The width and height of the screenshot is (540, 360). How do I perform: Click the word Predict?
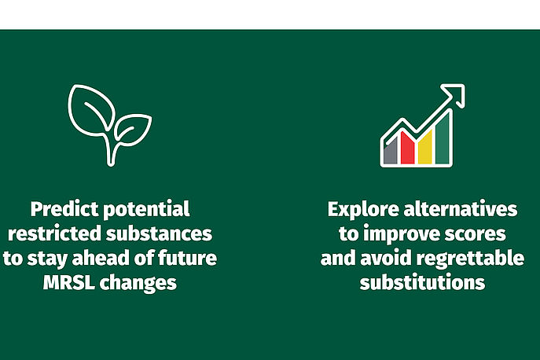[x=64, y=209]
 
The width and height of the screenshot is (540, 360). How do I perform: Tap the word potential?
[x=146, y=209]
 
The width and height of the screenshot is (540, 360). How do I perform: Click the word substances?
[x=159, y=233]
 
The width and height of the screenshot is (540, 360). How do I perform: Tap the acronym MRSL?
[x=69, y=282]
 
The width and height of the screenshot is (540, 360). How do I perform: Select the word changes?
[x=138, y=283]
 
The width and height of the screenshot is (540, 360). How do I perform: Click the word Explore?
[x=363, y=209]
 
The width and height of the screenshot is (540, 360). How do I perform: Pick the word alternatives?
[x=461, y=209]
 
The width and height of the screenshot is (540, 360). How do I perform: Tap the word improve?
[x=401, y=234]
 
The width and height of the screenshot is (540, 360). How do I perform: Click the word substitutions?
[x=422, y=282]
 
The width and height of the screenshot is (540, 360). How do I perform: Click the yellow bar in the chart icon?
[x=424, y=148]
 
